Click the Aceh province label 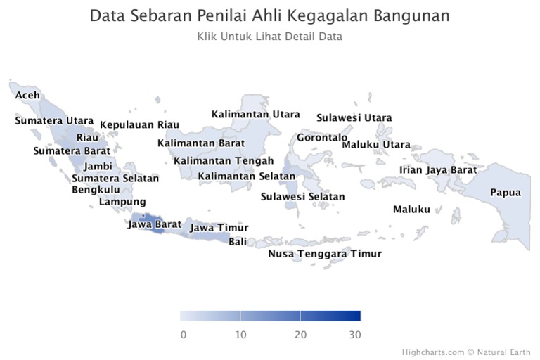[27, 95]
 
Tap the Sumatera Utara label [54, 120]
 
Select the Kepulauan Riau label [139, 124]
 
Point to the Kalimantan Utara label [255, 114]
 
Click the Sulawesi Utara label [354, 118]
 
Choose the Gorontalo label [322, 137]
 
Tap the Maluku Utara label [376, 144]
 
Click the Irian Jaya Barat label [438, 170]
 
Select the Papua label [506, 193]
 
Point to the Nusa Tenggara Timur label [325, 254]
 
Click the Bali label [238, 242]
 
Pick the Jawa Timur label [219, 228]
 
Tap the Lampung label [122, 202]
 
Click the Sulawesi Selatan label [303, 197]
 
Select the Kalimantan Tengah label [224, 161]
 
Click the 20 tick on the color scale [301, 335]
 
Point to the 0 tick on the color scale [184, 335]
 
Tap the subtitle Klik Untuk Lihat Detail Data [270, 37]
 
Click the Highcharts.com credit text [433, 352]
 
